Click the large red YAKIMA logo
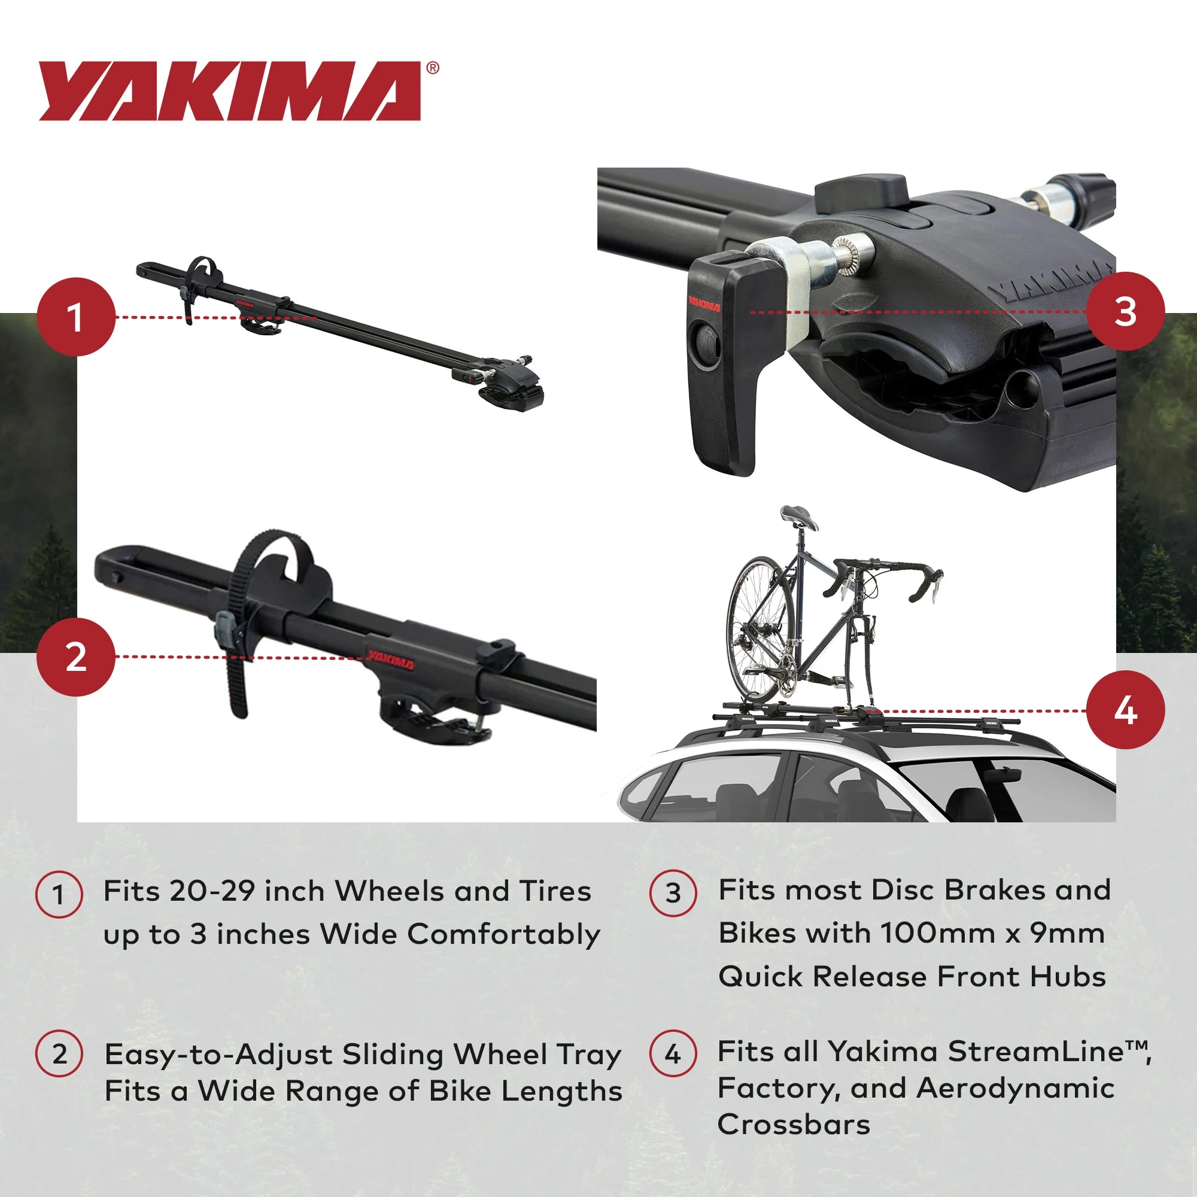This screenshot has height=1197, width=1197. click(x=229, y=91)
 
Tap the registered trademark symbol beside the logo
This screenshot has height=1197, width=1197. click(x=433, y=68)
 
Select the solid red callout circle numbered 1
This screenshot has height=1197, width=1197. click(x=76, y=317)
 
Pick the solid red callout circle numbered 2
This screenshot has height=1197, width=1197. click(x=76, y=657)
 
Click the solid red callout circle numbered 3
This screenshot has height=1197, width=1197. click(x=1125, y=311)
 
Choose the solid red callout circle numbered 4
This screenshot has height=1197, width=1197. click(x=1125, y=710)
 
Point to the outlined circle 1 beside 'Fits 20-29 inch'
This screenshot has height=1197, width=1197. click(x=59, y=895)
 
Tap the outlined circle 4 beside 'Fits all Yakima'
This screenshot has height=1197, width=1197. click(x=673, y=1054)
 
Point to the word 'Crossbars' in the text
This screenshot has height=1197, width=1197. click(x=794, y=1125)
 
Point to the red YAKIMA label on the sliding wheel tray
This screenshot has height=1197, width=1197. click(x=390, y=660)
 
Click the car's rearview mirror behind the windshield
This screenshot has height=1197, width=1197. click(x=1002, y=776)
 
